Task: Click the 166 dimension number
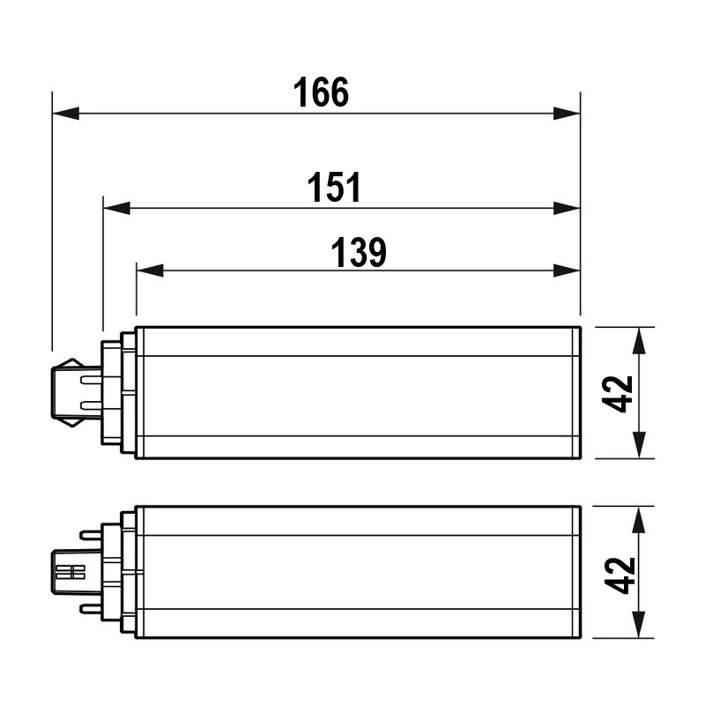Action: (321, 93)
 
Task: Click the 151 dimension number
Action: (334, 187)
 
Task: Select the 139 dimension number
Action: (359, 252)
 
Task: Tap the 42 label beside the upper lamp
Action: (618, 393)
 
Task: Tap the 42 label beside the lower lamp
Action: (620, 575)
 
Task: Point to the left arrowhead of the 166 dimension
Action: (65, 114)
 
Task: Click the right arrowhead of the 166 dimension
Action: (567, 114)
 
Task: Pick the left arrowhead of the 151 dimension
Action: (117, 208)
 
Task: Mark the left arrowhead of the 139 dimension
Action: (150, 271)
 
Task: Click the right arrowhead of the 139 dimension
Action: (567, 271)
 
